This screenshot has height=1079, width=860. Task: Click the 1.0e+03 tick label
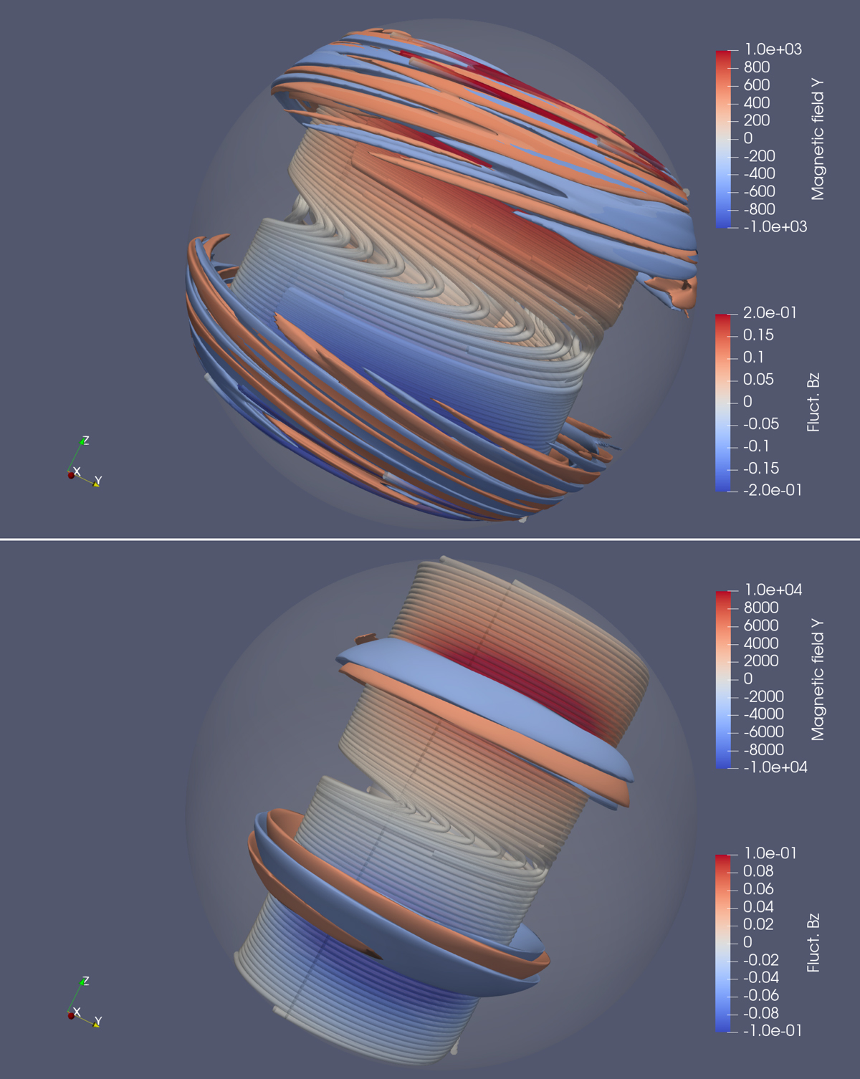pyautogui.click(x=773, y=49)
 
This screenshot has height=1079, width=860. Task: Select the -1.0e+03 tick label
pyautogui.click(x=775, y=226)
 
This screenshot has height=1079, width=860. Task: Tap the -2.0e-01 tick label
pyautogui.click(x=773, y=490)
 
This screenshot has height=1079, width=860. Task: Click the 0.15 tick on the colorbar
pyautogui.click(x=759, y=335)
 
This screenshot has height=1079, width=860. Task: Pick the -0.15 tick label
pyautogui.click(x=761, y=469)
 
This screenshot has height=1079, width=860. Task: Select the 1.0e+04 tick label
pyautogui.click(x=773, y=590)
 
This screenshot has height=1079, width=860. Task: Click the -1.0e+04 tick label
pyautogui.click(x=775, y=767)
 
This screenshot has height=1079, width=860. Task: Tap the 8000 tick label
pyautogui.click(x=761, y=608)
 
